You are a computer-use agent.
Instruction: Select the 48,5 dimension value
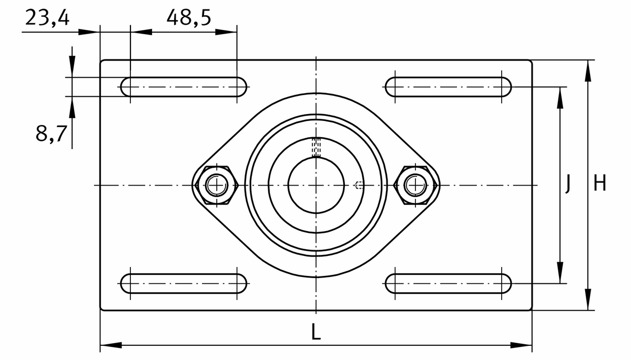[x=189, y=18]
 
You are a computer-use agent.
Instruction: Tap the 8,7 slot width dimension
[x=51, y=134]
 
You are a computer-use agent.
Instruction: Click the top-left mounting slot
[x=184, y=87]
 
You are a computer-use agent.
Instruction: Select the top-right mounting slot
[x=448, y=87]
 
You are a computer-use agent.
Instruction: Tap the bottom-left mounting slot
[x=184, y=284]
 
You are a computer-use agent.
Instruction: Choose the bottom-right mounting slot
[x=448, y=284]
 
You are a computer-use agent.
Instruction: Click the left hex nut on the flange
[x=216, y=185]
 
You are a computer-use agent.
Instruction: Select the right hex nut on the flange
[x=417, y=185]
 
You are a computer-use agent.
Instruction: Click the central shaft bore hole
[x=316, y=185]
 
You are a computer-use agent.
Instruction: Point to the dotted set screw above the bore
[x=316, y=147]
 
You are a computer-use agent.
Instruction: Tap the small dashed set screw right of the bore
[x=359, y=185]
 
